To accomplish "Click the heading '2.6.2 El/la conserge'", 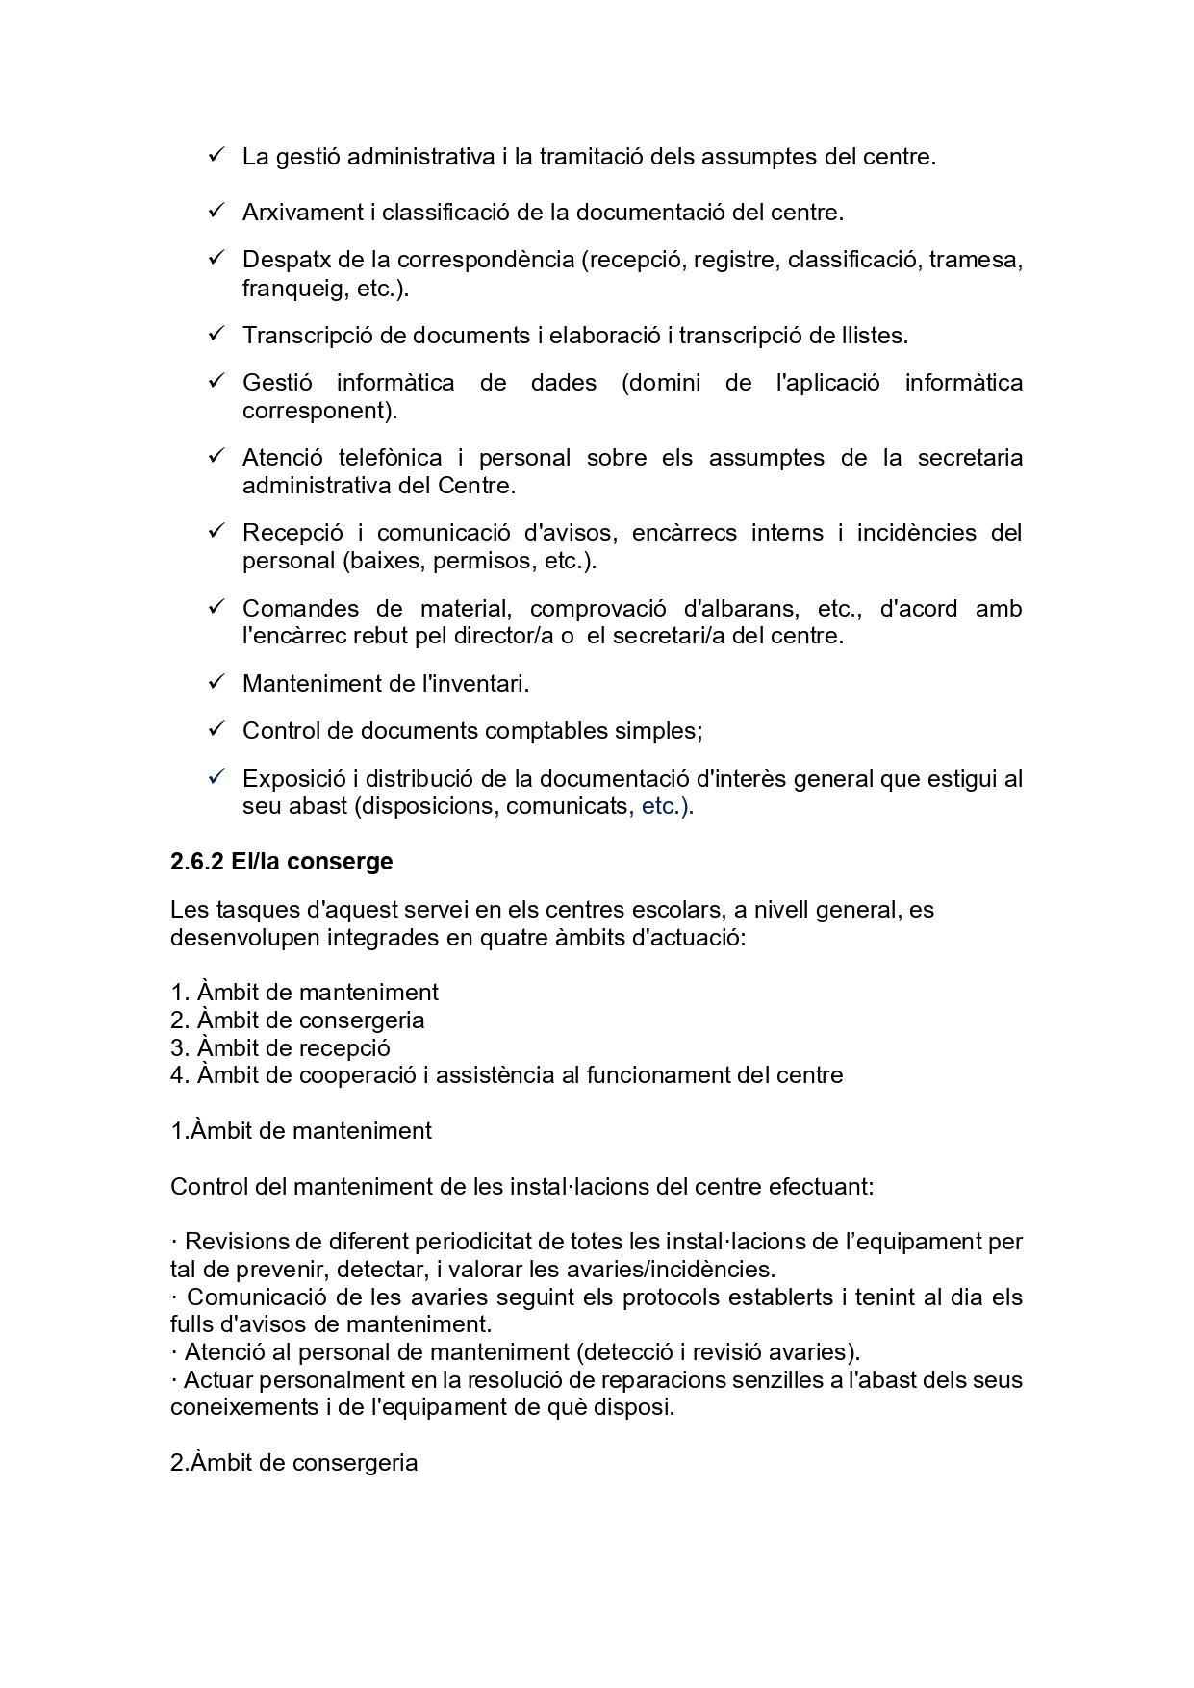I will point(281,861).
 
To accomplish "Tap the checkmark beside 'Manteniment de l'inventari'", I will point(216,682).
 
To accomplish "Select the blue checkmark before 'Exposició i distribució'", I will point(216,776).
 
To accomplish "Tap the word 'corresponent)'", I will point(319,411).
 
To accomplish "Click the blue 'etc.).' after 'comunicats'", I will point(668,806).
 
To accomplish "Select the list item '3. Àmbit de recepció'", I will point(280,1047).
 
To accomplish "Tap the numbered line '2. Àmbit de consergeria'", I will point(297,1020).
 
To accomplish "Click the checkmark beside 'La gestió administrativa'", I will point(216,154).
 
